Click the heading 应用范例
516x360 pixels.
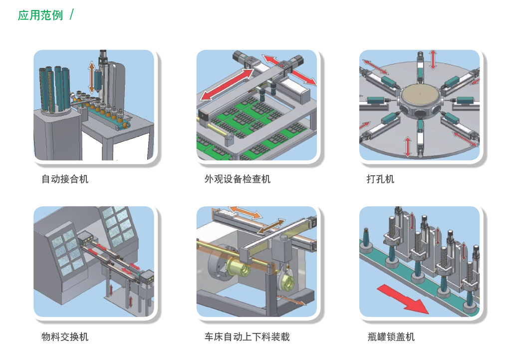click(40, 15)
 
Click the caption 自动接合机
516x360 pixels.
click(65, 179)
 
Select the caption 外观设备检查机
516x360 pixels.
click(237, 179)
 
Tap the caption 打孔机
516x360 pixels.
click(380, 179)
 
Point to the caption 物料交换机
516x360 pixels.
click(65, 337)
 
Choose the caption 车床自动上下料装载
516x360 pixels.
click(247, 337)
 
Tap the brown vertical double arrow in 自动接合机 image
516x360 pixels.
click(91, 76)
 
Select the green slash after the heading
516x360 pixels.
click(72, 14)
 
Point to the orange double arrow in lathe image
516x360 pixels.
click(245, 213)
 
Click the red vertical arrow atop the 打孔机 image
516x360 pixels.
click(433, 59)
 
